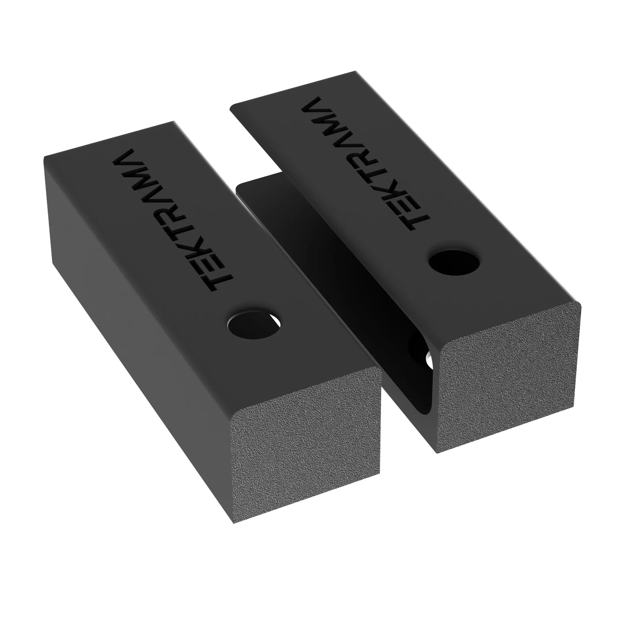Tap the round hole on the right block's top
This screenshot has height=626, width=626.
(455, 263)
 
